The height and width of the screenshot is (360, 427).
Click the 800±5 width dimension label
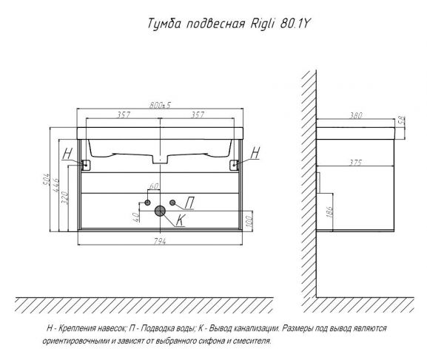coord(160,105)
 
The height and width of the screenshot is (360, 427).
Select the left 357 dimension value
coord(124,115)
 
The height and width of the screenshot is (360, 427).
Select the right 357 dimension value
coord(197,115)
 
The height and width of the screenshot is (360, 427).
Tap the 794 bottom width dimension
coord(160,241)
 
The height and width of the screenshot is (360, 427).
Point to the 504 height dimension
coord(47,180)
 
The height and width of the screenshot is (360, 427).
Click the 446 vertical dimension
coord(56,186)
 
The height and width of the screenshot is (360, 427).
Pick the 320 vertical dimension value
coord(64,198)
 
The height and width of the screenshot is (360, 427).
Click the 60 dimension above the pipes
coord(154,186)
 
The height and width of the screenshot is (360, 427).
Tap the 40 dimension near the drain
coord(136,217)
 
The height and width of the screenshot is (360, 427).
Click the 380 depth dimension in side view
coord(356,115)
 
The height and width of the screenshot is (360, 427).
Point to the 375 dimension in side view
coord(355,163)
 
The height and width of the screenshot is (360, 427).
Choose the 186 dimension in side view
coord(329,211)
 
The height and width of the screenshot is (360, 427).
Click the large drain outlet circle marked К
coord(160,211)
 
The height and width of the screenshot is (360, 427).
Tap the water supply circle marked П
coord(172,203)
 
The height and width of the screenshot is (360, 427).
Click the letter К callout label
coord(181,220)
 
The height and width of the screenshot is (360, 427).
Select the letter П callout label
coord(189,203)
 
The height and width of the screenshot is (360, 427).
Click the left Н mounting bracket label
coord(67,154)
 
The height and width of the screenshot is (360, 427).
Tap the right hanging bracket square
coord(234,165)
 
